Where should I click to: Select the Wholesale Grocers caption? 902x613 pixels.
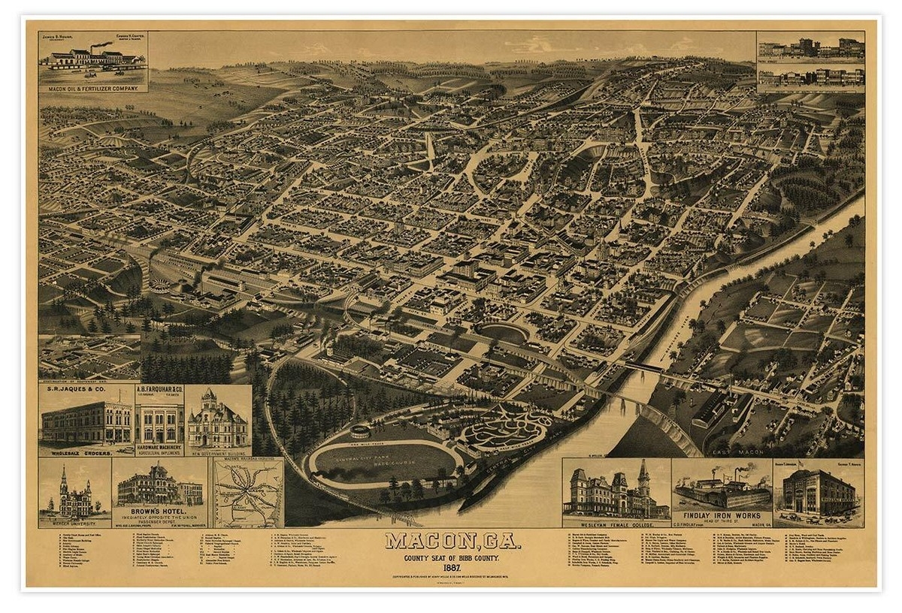(x=85, y=453)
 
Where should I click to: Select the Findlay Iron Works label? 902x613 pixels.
(x=721, y=515)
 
